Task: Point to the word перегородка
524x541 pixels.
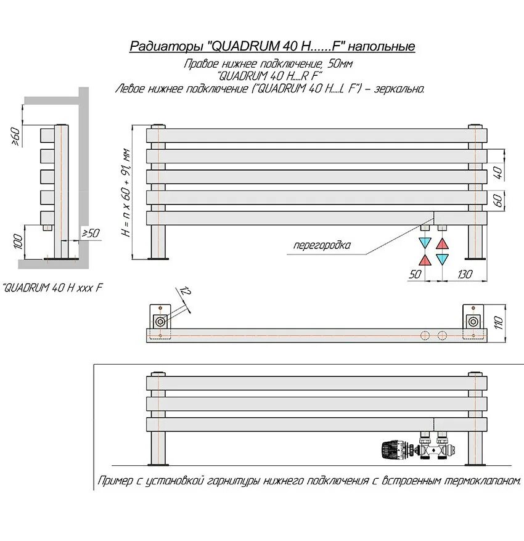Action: pyautogui.click(x=322, y=245)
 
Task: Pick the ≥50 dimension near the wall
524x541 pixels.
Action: pyautogui.click(x=91, y=233)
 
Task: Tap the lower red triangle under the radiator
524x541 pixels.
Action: pyautogui.click(x=425, y=259)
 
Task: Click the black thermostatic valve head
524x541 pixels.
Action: pyautogui.click(x=392, y=450)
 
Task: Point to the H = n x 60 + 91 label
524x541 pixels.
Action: pyautogui.click(x=126, y=192)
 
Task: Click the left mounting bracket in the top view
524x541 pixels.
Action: pyautogui.click(x=161, y=320)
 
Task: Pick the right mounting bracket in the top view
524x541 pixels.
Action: pyautogui.click(x=473, y=320)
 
